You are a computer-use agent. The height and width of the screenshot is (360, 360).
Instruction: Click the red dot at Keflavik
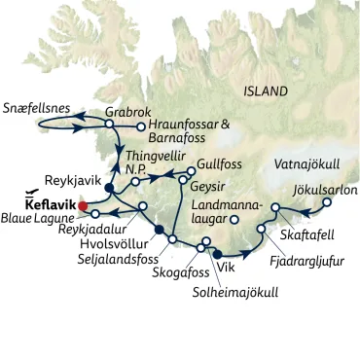[x=83, y=205]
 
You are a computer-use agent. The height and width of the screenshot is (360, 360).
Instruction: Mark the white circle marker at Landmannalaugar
[x=234, y=220]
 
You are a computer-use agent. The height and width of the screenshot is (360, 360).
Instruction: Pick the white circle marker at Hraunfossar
[x=142, y=126]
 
